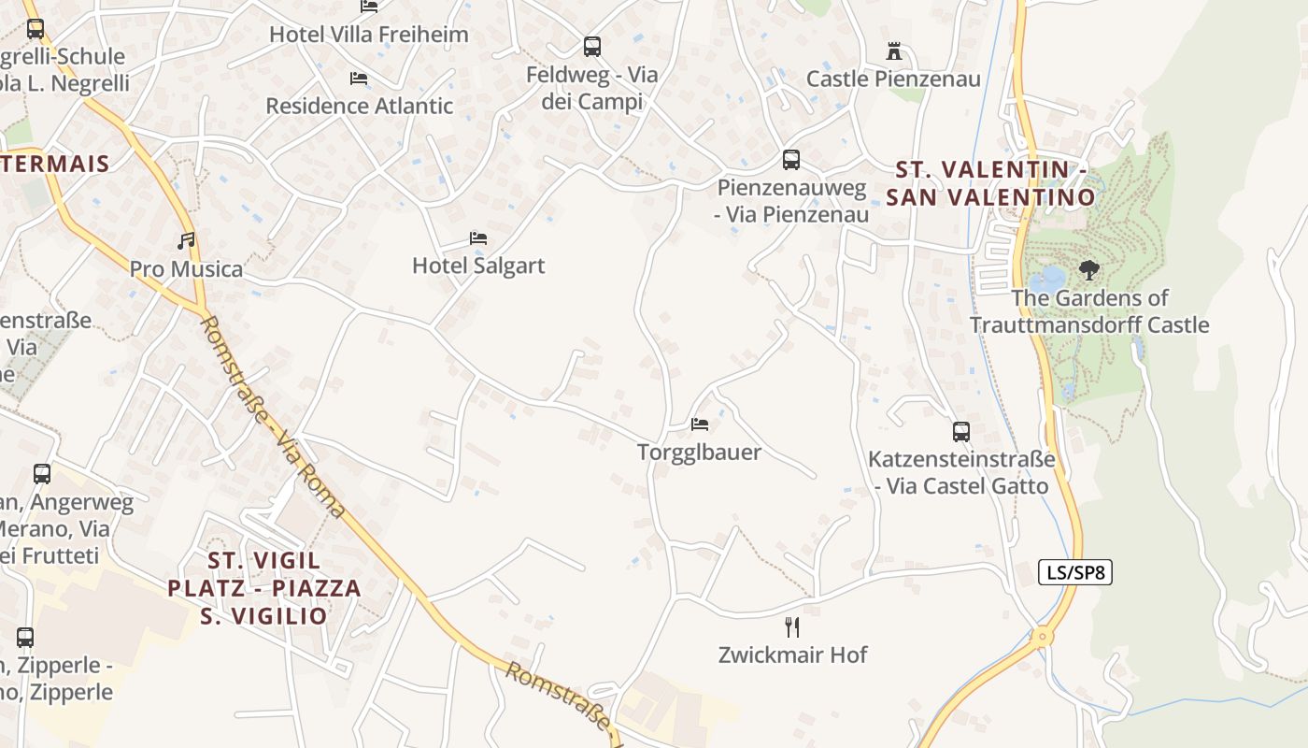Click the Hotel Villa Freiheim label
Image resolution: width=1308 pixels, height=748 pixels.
(x=368, y=35)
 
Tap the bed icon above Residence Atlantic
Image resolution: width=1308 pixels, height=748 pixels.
(x=358, y=79)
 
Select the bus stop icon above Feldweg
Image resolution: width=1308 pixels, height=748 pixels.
(x=591, y=46)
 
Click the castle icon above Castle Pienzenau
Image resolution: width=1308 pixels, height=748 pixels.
(x=894, y=51)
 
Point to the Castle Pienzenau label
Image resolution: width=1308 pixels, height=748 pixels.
(x=893, y=79)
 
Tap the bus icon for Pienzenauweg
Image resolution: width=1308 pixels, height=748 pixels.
(x=791, y=160)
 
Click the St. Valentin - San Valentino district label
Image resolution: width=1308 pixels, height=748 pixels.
(x=990, y=183)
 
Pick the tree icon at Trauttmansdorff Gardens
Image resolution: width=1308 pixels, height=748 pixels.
(x=1088, y=271)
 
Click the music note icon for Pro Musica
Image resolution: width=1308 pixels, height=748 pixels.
(x=187, y=241)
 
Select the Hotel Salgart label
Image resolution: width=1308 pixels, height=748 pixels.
(x=478, y=266)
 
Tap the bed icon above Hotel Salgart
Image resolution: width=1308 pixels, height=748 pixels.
(x=478, y=238)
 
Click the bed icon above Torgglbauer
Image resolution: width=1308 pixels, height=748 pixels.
(x=700, y=424)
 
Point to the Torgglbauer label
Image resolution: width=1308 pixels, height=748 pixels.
(x=699, y=453)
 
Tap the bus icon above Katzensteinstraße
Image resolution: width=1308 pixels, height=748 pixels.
(x=960, y=432)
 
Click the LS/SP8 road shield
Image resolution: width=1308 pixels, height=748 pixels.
(x=1075, y=572)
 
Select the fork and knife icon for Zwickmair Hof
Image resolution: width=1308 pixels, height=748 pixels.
(x=792, y=626)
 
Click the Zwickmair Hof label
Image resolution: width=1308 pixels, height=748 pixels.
(x=792, y=654)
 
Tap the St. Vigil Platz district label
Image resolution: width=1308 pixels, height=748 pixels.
(x=264, y=588)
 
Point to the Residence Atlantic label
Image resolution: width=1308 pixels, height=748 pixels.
(x=360, y=106)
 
